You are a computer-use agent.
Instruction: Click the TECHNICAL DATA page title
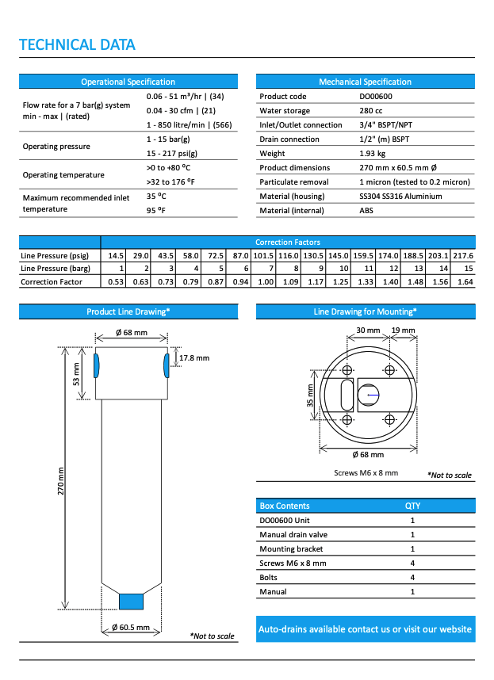[x=77, y=44]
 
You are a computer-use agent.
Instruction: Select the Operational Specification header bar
[x=128, y=82]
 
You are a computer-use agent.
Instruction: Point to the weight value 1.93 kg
[x=373, y=154]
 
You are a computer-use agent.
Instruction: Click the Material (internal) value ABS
[x=366, y=211]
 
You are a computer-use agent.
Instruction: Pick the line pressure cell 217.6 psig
[x=463, y=256]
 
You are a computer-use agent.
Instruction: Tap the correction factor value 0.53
[x=116, y=281]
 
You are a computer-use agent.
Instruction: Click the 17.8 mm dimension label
[x=194, y=358]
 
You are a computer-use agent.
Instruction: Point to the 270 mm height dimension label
[x=62, y=481]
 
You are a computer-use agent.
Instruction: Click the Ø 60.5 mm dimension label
[x=131, y=627]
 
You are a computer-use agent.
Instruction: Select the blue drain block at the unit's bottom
[x=131, y=602]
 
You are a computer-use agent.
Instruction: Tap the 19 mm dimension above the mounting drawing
[x=402, y=330]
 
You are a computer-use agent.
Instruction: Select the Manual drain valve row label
[x=293, y=535]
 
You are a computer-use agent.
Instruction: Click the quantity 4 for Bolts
[x=412, y=578]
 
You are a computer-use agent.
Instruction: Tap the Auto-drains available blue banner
[x=365, y=629]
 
